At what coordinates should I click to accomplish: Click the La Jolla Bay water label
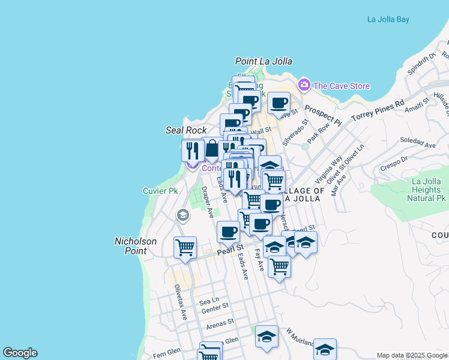click(x=388, y=19)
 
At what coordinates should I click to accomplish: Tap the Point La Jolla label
click(x=264, y=61)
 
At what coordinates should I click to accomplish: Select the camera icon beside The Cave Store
click(x=304, y=85)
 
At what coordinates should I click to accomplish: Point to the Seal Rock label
click(x=186, y=130)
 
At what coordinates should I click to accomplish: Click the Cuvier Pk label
click(x=160, y=191)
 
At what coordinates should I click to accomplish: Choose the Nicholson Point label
click(x=136, y=246)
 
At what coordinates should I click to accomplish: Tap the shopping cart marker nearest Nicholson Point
click(x=185, y=247)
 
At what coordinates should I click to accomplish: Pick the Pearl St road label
click(x=231, y=247)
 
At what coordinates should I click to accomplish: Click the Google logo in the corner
click(x=20, y=353)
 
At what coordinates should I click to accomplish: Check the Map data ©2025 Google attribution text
click(x=412, y=355)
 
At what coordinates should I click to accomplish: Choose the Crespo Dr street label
click(x=394, y=164)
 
